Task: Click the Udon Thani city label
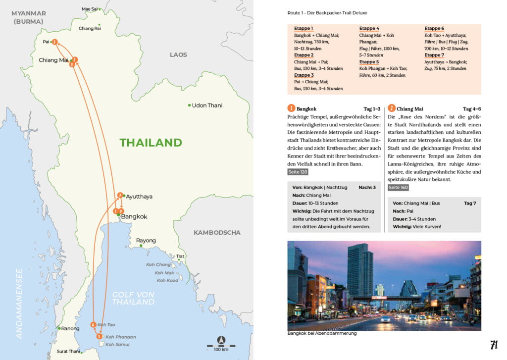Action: click(207, 105)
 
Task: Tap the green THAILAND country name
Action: click(151, 143)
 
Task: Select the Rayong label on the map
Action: click(146, 241)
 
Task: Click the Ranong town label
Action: click(70, 328)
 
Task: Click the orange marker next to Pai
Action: click(55, 42)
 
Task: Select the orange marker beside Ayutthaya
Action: click(120, 195)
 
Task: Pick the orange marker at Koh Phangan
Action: click(100, 337)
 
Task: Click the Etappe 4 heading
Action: click(369, 29)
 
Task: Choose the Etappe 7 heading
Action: click(434, 55)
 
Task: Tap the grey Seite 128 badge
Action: click(298, 172)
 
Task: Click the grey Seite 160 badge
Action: click(399, 188)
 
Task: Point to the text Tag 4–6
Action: click(472, 109)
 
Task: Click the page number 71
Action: click(494, 345)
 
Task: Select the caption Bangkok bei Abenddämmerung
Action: click(322, 333)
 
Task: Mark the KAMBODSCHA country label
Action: click(217, 232)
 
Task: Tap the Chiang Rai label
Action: click(90, 28)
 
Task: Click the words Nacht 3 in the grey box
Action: click(367, 188)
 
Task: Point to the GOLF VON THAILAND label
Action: click(133, 298)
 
